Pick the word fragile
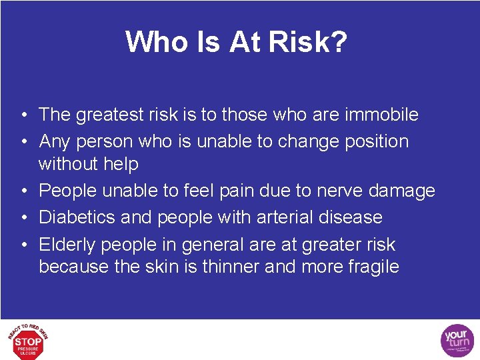pyautogui.click(x=370, y=267)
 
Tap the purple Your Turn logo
pyautogui.click(x=457, y=341)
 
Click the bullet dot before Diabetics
pyautogui.click(x=23, y=218)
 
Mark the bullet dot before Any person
pyautogui.click(x=23, y=142)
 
